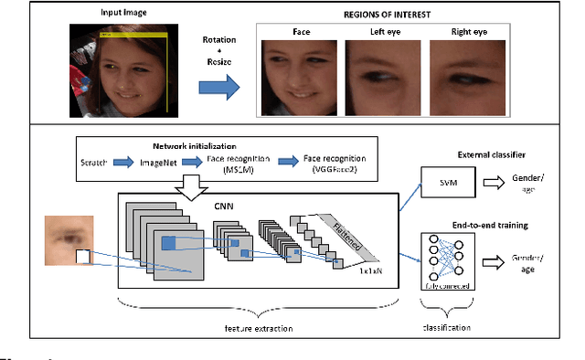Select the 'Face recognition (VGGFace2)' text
point(335,162)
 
